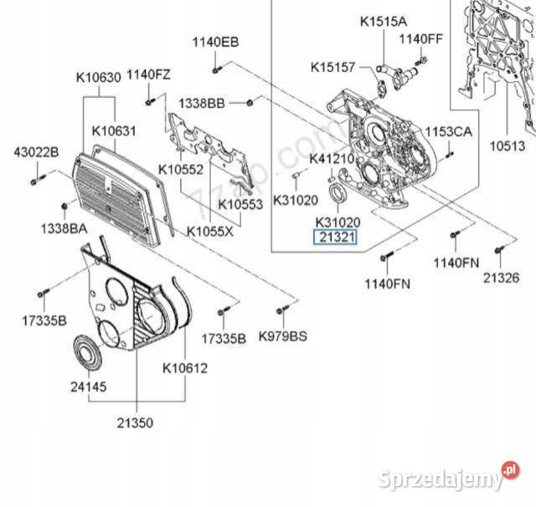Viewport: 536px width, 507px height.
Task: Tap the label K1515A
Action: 383,20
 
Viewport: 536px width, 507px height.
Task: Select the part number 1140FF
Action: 420,38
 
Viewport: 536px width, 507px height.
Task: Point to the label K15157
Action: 333,66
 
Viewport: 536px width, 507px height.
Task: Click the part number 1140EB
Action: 215,41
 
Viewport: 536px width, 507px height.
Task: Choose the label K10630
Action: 100,78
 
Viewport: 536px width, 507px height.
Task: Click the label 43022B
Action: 36,151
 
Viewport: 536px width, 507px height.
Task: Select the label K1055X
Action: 211,231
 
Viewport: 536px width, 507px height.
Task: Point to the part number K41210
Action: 332,158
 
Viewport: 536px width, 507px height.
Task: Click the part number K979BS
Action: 283,337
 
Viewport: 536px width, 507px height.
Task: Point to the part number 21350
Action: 135,423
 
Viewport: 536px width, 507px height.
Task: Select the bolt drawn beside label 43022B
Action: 33,179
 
